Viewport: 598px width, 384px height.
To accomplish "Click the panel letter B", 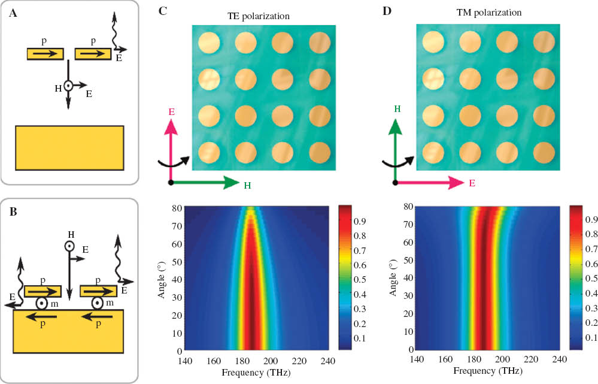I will tap(13, 211).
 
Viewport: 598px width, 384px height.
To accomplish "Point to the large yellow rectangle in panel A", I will tap(69, 147).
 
